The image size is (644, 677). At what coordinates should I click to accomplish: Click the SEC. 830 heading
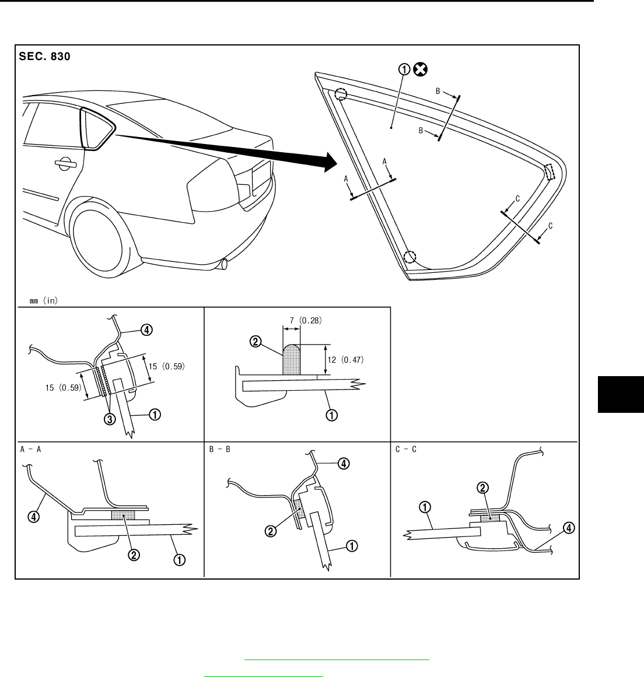point(45,57)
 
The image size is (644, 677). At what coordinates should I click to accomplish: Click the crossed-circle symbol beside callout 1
point(420,70)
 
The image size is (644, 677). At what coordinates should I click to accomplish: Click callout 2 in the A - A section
point(134,555)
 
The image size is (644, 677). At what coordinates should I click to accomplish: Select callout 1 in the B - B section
point(352,546)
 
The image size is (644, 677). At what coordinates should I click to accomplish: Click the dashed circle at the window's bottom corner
point(411,257)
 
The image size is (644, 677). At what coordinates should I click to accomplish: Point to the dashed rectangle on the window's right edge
point(549,171)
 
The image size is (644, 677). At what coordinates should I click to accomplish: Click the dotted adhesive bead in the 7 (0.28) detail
point(291,360)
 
